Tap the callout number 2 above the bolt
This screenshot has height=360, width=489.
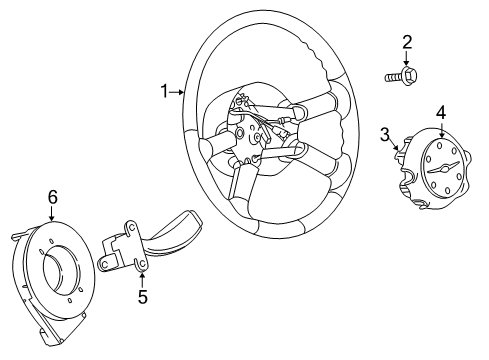407,41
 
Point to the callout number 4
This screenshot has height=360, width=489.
440,112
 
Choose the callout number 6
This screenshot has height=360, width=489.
52,197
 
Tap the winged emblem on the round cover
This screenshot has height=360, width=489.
441,167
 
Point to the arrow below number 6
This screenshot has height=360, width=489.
52,212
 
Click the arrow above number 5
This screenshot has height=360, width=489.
142,279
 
